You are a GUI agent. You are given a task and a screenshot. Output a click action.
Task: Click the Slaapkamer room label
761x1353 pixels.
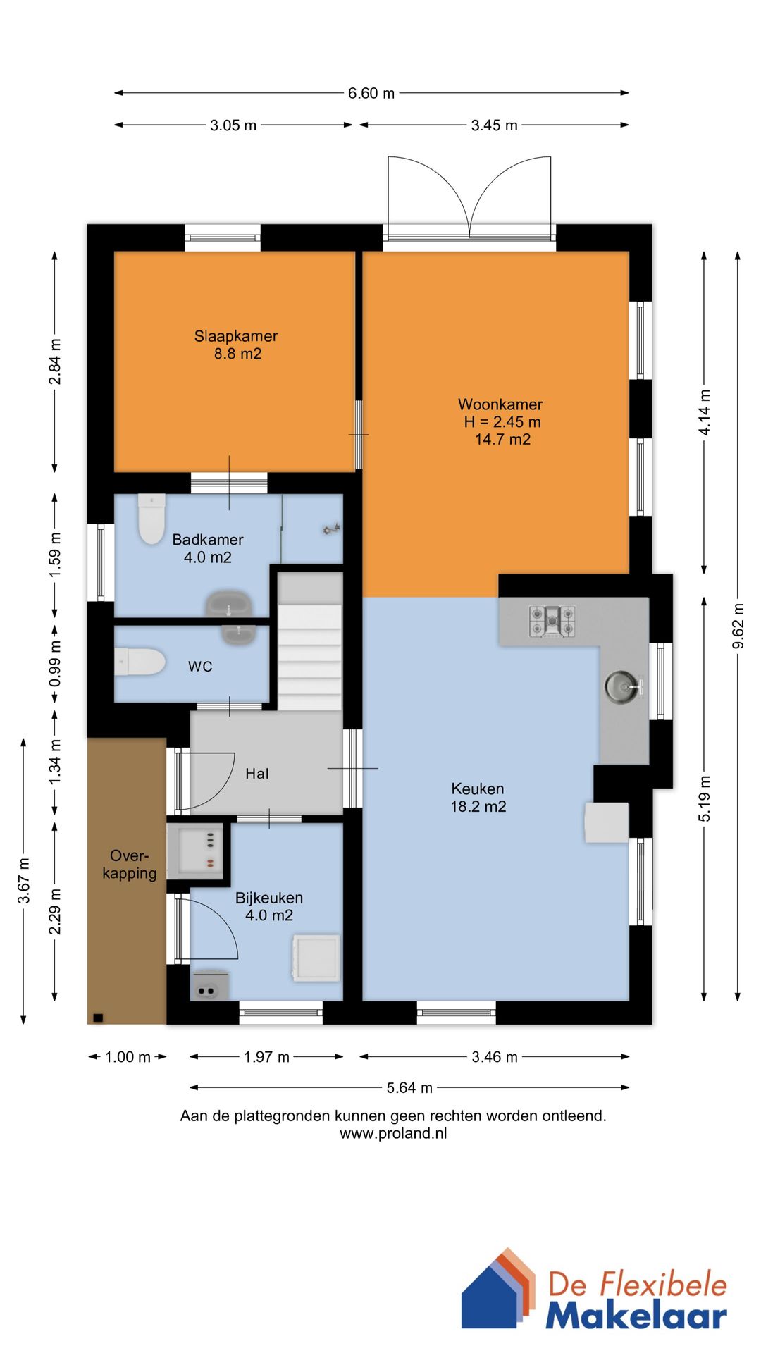point(236,345)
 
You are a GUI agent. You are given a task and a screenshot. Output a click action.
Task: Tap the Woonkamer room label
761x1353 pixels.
point(501,421)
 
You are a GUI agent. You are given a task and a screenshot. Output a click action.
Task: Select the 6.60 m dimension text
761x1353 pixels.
point(371,93)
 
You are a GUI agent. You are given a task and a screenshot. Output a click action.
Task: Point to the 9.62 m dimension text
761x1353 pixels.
point(738,626)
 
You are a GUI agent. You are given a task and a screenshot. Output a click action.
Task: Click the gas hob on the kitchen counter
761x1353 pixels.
point(552,621)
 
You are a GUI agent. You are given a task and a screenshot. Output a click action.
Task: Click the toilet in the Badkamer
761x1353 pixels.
point(151,519)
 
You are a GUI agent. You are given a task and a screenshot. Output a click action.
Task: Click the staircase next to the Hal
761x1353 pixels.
point(309,641)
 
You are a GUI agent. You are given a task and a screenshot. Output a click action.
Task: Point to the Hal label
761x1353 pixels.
point(257,774)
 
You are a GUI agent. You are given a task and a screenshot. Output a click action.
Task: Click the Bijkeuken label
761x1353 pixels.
point(269,906)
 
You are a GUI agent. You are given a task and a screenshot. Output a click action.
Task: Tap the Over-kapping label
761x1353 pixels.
point(129,865)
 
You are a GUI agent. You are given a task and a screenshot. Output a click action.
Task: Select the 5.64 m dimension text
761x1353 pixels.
point(409,1087)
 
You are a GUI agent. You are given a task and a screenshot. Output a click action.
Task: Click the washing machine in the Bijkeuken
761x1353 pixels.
point(316,958)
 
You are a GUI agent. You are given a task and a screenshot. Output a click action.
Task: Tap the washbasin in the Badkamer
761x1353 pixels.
point(229,604)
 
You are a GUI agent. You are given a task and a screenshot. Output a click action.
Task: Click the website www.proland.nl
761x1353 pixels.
point(393,1133)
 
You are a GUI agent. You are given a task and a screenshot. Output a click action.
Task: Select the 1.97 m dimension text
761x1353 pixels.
point(266,1057)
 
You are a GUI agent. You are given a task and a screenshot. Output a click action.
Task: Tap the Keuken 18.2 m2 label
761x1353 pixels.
point(478,798)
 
